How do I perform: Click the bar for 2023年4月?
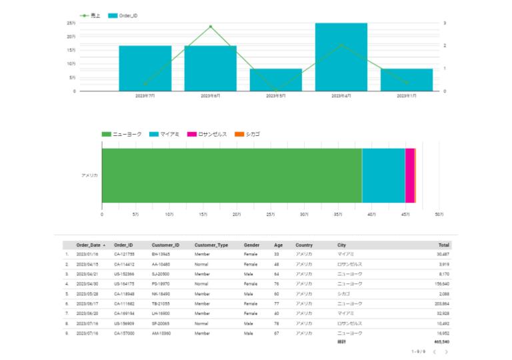[341, 57]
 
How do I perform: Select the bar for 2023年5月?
[276, 79]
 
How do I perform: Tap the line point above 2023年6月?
[211, 27]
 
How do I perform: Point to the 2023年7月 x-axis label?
[145, 96]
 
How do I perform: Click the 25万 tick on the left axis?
[71, 23]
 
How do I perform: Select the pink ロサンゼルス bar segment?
[410, 175]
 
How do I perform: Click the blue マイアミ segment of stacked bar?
[383, 175]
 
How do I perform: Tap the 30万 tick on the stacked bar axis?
[304, 214]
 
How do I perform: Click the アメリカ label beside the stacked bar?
[89, 175]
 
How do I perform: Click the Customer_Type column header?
[210, 245]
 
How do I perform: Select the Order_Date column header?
[89, 245]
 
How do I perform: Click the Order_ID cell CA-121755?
[124, 254]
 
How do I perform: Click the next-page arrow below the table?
[447, 351]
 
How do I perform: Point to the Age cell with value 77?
[277, 303]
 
